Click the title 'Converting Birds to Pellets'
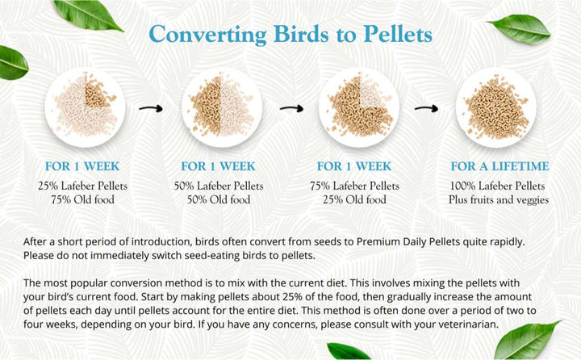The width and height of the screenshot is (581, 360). [x=290, y=35]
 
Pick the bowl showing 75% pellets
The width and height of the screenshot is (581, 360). [x=359, y=105]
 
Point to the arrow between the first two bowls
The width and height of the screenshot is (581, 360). [x=150, y=106]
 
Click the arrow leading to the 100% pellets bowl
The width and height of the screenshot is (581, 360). [x=425, y=106]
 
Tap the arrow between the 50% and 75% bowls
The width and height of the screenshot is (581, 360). [x=291, y=106]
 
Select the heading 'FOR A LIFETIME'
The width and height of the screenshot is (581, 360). [x=499, y=167]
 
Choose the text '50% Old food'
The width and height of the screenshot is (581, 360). [x=217, y=200]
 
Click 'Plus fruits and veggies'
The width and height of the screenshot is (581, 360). [x=499, y=200]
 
